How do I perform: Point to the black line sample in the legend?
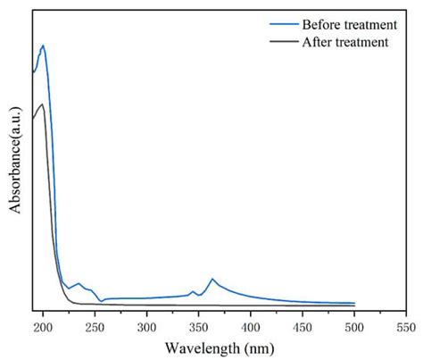click(x=284, y=42)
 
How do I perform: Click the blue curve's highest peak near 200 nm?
click(x=42, y=46)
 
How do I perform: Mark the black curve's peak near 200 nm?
click(x=42, y=105)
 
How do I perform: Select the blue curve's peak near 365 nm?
click(x=212, y=279)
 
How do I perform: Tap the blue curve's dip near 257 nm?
click(x=101, y=301)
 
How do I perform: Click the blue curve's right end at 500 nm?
click(x=354, y=303)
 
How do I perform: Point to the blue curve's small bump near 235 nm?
click(x=79, y=284)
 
